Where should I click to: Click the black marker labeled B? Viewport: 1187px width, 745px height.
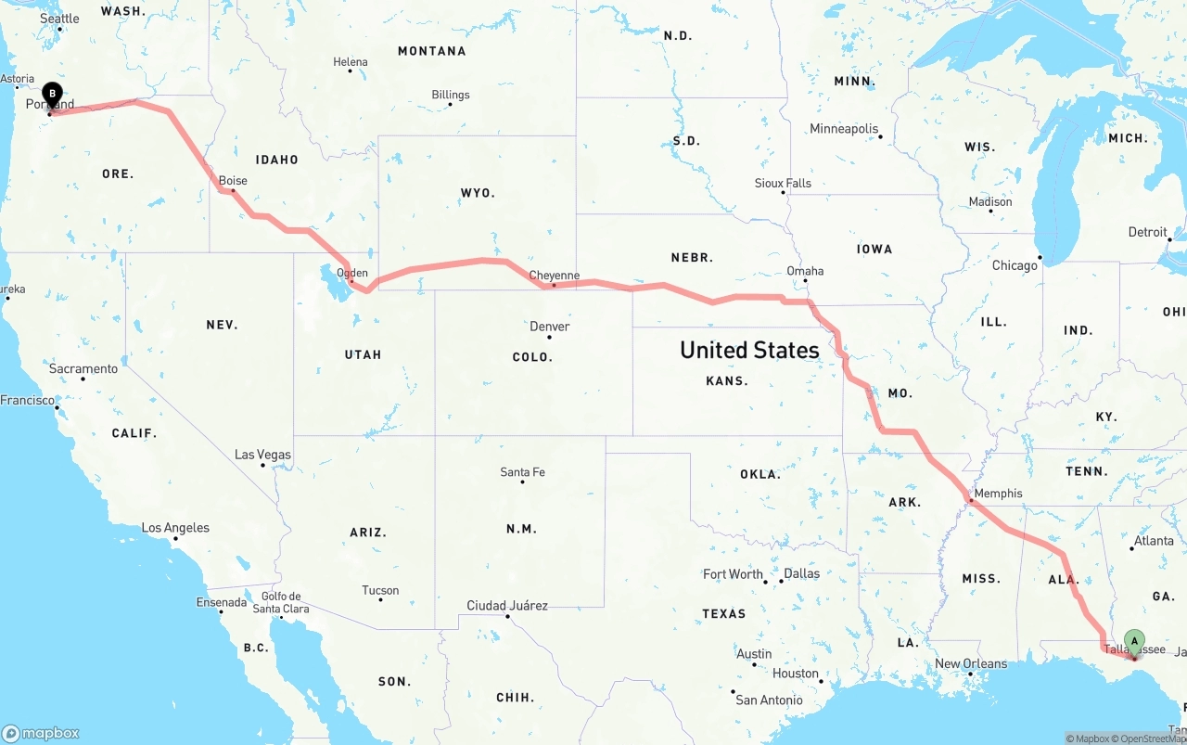(53, 94)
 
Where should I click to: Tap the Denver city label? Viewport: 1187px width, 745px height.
(549, 327)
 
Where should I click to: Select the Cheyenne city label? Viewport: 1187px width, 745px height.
(554, 276)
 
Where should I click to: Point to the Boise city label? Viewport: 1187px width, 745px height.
(233, 181)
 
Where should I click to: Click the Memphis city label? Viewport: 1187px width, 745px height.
(998, 494)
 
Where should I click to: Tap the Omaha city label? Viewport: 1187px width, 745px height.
(805, 271)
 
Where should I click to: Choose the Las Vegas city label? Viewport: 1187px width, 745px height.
(262, 455)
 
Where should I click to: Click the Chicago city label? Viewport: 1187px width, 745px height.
(1015, 265)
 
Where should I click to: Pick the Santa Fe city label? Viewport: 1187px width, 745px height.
(522, 472)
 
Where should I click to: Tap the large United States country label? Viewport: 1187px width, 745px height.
(749, 350)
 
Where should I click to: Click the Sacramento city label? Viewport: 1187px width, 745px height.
(83, 368)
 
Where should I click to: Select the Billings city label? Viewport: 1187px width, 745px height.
(451, 95)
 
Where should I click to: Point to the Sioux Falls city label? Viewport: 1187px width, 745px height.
(783, 183)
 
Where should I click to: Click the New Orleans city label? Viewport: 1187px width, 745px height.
(971, 663)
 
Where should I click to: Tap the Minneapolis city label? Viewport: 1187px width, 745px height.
(844, 129)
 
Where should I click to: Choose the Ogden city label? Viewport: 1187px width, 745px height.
(352, 273)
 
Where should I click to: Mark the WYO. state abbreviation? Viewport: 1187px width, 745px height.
(478, 193)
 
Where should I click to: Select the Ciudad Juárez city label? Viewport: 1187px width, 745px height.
(507, 606)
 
